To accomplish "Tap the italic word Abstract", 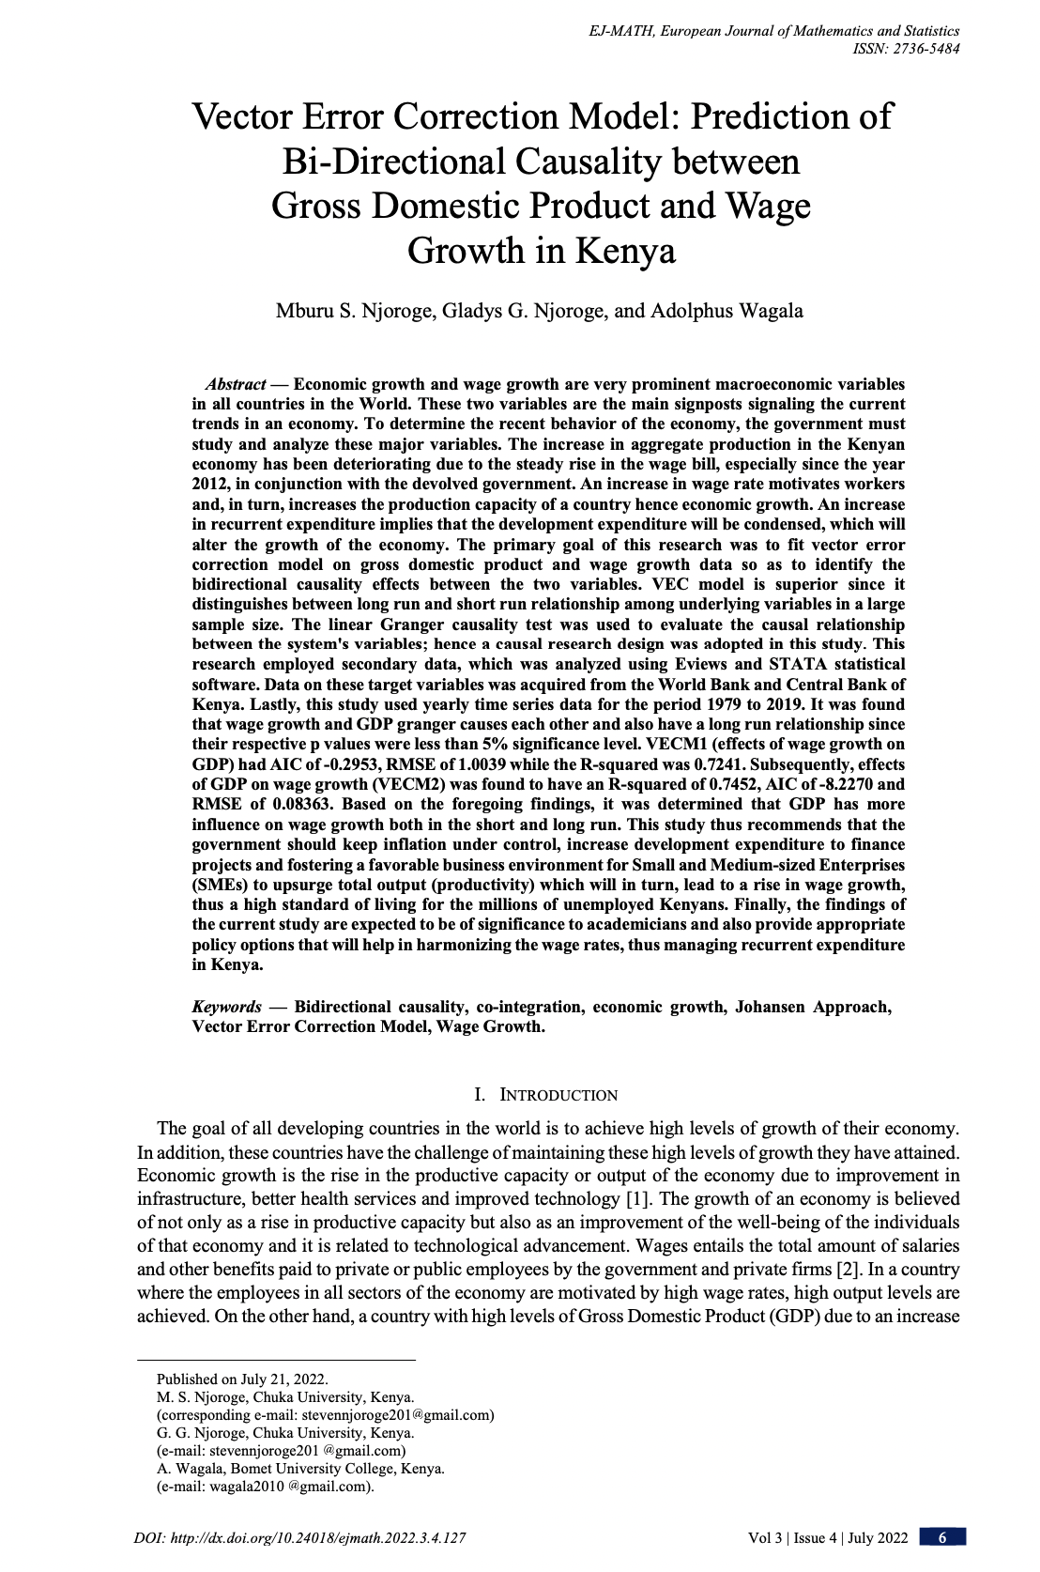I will tap(236, 384).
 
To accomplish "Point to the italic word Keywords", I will tap(227, 1007).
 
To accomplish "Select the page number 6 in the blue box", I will tap(942, 1537).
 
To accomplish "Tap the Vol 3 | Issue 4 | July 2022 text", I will tap(828, 1537).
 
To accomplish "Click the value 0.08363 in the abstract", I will tap(301, 805).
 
